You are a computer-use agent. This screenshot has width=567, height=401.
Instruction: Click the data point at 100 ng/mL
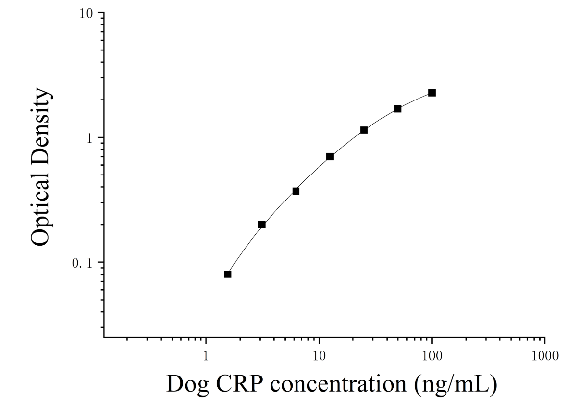pyautogui.click(x=432, y=93)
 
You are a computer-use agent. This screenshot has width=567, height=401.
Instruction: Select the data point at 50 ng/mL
pyautogui.click(x=398, y=109)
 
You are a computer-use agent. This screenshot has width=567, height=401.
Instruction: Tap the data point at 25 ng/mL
pyautogui.click(x=364, y=130)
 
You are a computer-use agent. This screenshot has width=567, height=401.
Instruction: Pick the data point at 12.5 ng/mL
pyautogui.click(x=330, y=156)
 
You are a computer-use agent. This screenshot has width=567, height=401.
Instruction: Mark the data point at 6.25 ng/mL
pyautogui.click(x=296, y=191)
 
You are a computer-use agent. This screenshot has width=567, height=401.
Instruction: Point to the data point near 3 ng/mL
pyautogui.click(x=262, y=225)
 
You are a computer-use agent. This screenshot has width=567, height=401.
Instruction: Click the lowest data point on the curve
pyautogui.click(x=228, y=274)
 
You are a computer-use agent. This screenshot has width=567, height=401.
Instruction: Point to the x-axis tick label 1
pyautogui.click(x=206, y=356)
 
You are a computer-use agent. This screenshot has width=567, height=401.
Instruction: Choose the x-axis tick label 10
pyautogui.click(x=319, y=356)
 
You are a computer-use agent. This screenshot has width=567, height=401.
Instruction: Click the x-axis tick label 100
pyautogui.click(x=432, y=356)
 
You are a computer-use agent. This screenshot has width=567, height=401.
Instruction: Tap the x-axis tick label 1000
pyautogui.click(x=544, y=356)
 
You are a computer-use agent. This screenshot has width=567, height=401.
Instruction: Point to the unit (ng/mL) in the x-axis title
pyautogui.click(x=456, y=385)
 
